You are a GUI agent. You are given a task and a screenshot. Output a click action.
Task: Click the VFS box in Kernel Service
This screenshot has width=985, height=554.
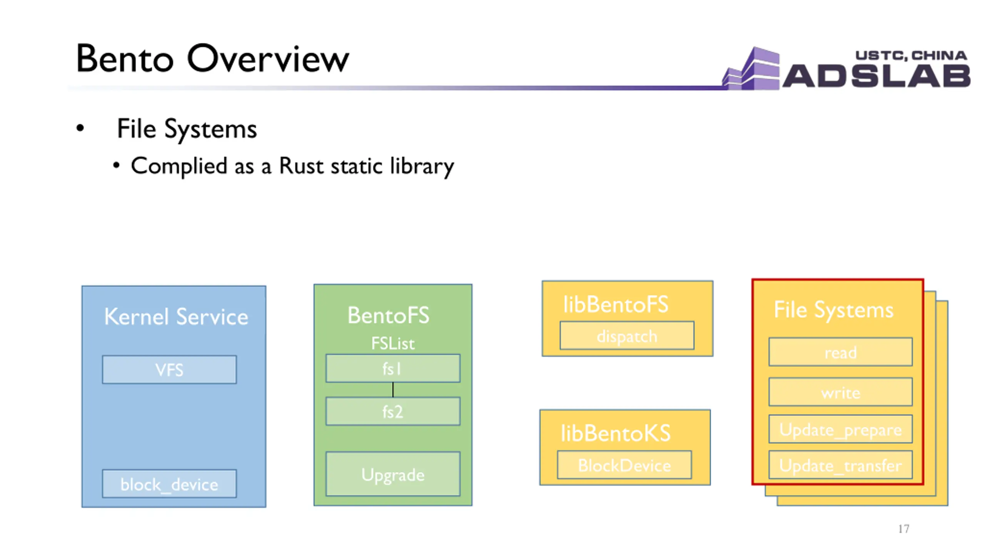point(169,369)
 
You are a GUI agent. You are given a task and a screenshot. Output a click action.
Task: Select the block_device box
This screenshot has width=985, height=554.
point(169,484)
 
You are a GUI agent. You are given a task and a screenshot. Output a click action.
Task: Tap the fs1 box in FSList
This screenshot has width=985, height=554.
point(393,368)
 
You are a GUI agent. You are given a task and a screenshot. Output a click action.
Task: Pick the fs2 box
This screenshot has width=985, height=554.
point(393,411)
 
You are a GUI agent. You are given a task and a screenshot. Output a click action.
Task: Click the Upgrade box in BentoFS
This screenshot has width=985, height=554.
point(393,474)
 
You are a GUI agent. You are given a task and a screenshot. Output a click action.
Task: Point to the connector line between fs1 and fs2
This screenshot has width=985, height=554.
point(393,390)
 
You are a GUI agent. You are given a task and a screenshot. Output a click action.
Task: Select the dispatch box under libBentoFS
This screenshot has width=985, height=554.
point(627,335)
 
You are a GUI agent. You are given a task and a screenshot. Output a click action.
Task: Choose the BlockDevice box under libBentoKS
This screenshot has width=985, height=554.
point(624,465)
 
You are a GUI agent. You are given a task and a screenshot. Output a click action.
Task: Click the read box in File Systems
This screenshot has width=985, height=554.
point(840,352)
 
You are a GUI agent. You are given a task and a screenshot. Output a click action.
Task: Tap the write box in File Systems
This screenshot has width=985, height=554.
point(840,392)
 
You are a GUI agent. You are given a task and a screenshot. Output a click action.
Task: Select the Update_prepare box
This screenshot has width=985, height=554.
point(840,429)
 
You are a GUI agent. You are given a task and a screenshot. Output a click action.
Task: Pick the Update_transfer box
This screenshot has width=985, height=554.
point(840,464)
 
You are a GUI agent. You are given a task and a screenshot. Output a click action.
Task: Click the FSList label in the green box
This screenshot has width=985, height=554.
point(393,343)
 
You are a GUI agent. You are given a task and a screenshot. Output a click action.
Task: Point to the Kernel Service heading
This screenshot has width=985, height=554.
point(176,317)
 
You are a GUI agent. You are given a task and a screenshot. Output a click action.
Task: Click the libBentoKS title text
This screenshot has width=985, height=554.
point(616,433)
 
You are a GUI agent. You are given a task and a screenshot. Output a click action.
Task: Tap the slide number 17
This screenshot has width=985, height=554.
point(904,529)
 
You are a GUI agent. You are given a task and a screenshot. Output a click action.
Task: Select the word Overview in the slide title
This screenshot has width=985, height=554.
point(268,59)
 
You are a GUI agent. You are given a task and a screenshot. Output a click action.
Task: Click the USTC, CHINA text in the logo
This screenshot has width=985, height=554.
point(911,55)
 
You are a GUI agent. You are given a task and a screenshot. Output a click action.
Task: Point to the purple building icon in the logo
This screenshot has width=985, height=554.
point(751,68)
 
